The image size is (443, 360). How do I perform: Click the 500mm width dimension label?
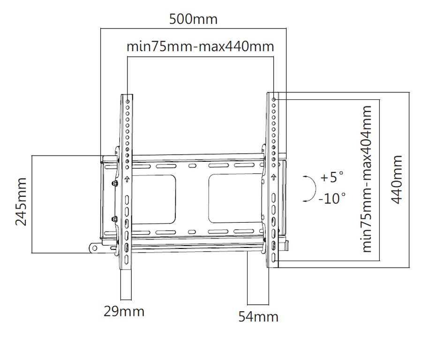tap(193, 19)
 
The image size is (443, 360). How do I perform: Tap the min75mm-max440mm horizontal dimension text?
tap(200, 46)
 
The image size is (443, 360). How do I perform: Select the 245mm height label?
tap(21, 202)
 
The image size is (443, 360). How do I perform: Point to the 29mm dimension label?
tap(124, 311)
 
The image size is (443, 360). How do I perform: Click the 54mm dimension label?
tap(258, 317)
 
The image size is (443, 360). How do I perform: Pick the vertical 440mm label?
tap(397, 180)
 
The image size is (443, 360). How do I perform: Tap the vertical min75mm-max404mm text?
tap(367, 179)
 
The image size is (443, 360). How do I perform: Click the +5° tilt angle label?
tap(332, 177)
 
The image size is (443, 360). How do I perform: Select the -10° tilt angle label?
tap(332, 198)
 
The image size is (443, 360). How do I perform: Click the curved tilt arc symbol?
tap(315, 188)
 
